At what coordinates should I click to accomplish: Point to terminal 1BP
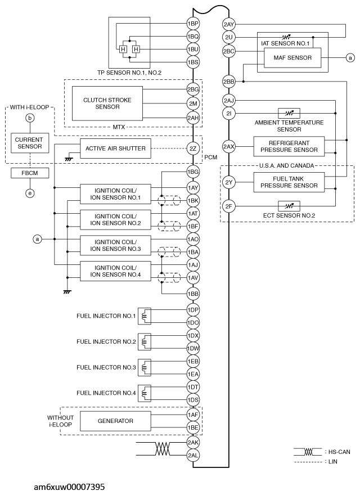(x=193, y=25)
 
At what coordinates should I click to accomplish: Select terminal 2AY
(x=229, y=25)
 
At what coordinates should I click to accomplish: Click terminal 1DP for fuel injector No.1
(x=193, y=310)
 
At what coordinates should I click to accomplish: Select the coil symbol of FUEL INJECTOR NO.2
(x=146, y=341)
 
